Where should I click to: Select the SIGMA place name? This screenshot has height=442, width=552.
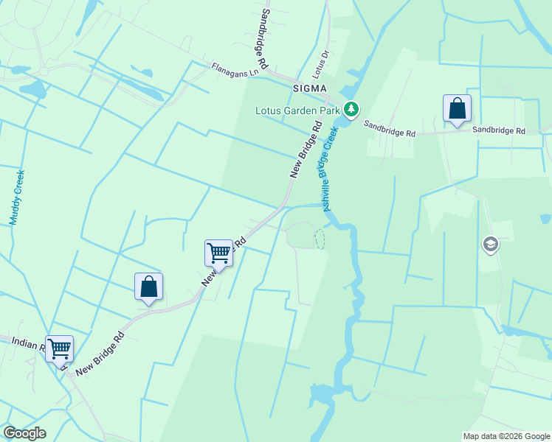[x=309, y=88]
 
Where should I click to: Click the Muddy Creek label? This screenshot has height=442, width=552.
[x=17, y=197]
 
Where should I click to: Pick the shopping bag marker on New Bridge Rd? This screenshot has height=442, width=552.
[x=148, y=287]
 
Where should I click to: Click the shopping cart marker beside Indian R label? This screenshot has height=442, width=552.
[x=59, y=348]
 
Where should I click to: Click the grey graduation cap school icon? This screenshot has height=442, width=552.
[x=490, y=244]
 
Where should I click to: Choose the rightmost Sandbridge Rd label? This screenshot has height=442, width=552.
[x=499, y=130]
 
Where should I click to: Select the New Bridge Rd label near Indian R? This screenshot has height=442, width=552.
[x=100, y=354]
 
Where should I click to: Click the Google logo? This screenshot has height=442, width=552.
[x=24, y=433]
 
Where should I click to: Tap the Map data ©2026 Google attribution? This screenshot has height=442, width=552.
[x=506, y=436]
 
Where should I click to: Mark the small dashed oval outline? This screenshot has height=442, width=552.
[x=320, y=239]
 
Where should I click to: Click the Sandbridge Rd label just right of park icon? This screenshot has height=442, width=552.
[x=390, y=130]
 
